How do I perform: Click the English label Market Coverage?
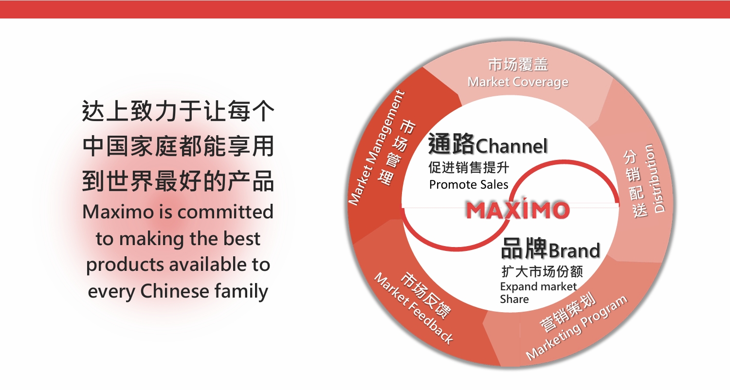tap(518, 82)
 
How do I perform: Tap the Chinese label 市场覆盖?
tap(518, 65)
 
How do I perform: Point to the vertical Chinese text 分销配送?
tap(635, 184)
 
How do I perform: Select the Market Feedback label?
tap(413, 308)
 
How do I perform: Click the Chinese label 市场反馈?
tap(426, 295)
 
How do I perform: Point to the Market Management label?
tap(376, 148)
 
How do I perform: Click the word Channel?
tap(511, 146)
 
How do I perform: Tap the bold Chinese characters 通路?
tap(452, 143)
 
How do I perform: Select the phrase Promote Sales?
tap(469, 185)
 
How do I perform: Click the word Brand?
tap(574, 250)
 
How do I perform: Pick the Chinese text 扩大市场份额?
tap(542, 271)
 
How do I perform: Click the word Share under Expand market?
tap(514, 299)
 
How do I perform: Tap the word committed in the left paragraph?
tap(225, 212)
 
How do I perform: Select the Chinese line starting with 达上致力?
tap(178, 111)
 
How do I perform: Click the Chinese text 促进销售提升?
tap(469, 167)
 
